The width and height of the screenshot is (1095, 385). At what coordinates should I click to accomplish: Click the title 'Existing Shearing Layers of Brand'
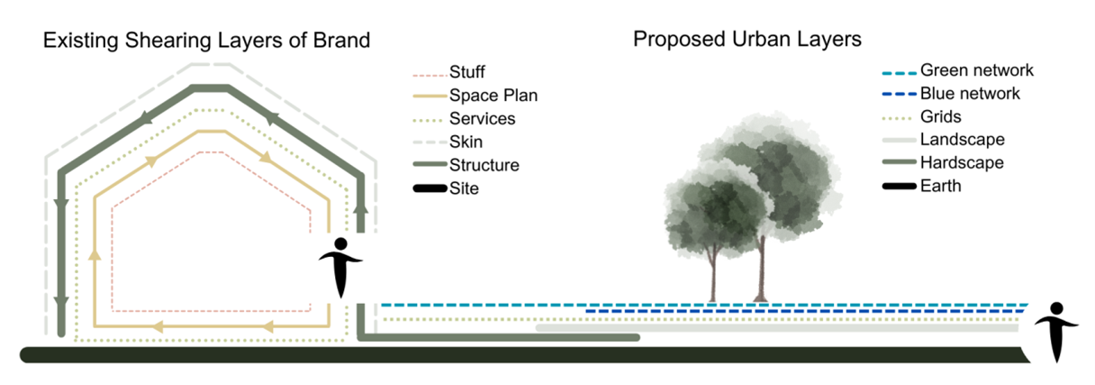pos(207,41)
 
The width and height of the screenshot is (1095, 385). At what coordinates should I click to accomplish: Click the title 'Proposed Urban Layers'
pos(747,41)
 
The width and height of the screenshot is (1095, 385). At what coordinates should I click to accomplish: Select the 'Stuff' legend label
pos(467,71)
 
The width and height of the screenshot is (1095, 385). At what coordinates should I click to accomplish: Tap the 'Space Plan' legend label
pos(493,95)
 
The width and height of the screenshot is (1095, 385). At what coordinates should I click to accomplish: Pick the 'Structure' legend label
pos(484,166)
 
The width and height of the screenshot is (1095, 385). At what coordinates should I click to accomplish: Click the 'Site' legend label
pos(464,189)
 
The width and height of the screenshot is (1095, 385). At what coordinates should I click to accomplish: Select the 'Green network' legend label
pos(977,70)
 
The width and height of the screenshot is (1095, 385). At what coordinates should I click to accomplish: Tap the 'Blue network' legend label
pos(971,93)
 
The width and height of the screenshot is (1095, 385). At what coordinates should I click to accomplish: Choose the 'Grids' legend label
pos(940,116)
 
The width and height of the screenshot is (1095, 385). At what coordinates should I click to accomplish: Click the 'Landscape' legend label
pos(962,140)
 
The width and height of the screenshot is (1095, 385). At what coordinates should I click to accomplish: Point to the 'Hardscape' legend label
pos(962,163)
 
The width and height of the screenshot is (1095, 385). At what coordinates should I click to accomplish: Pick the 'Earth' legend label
pos(941,186)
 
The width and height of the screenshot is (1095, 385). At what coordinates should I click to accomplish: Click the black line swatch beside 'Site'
pos(430,189)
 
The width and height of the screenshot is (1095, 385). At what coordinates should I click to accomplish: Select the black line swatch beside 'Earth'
pos(898,186)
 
